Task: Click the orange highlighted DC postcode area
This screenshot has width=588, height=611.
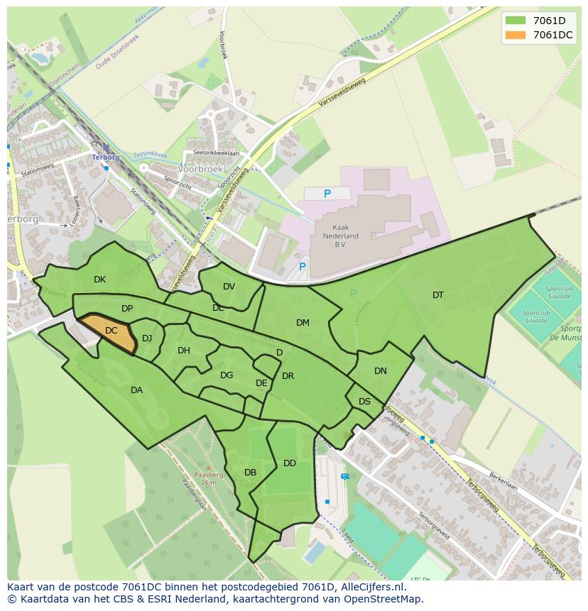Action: (109, 333)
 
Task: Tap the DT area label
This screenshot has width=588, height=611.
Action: (438, 295)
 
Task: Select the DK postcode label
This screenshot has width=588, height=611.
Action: (99, 280)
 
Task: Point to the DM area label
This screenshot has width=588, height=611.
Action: (303, 323)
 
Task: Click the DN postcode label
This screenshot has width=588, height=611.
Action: (381, 371)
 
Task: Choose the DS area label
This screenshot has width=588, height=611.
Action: (364, 402)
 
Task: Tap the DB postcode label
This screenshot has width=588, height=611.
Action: (250, 473)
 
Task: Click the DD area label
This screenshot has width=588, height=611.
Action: (290, 463)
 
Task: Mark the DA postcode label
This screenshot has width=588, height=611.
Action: (136, 390)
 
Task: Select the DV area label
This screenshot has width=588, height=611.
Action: (229, 287)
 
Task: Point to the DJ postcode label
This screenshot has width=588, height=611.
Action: (147, 338)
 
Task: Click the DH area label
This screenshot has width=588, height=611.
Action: (184, 351)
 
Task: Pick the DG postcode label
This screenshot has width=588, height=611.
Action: (227, 375)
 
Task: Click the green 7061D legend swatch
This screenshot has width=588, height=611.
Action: (515, 21)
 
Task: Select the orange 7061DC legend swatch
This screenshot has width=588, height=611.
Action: (515, 35)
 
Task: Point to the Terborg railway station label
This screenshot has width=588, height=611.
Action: (105, 157)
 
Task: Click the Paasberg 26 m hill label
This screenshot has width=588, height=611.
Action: (208, 478)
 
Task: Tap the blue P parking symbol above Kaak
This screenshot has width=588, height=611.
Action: (327, 194)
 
